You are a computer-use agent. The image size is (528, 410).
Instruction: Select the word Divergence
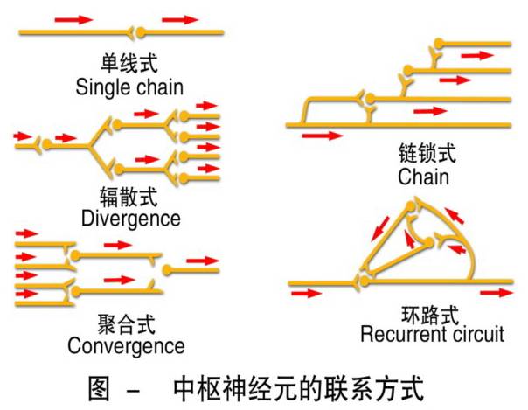tap(130, 217)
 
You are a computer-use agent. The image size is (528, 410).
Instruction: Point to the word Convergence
tap(126, 345)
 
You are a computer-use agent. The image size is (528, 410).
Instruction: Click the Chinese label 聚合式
tap(126, 323)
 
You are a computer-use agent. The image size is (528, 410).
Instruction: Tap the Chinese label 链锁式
tap(423, 154)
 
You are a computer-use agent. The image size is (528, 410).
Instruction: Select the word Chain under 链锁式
tap(423, 177)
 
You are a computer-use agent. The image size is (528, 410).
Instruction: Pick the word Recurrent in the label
tap(401, 335)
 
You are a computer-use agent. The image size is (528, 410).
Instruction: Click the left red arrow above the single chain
tap(73, 18)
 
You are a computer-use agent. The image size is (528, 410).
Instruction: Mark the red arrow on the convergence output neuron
tap(203, 261)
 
